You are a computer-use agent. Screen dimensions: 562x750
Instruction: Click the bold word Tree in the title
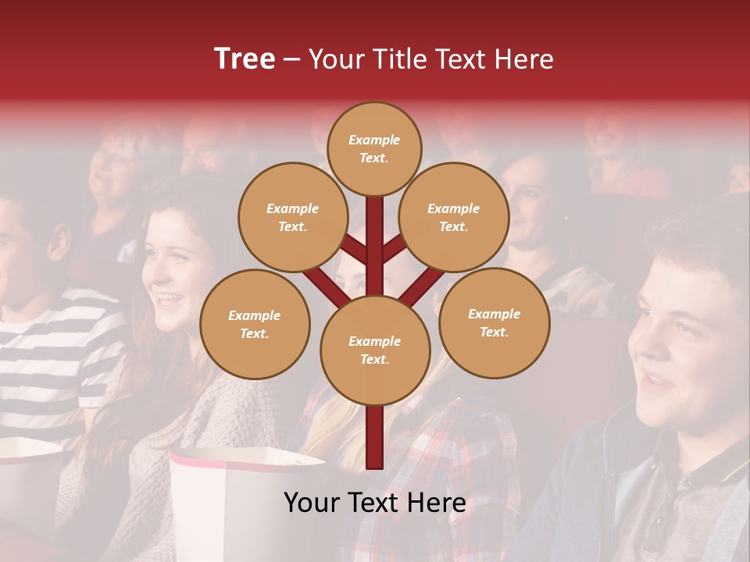pyautogui.click(x=245, y=59)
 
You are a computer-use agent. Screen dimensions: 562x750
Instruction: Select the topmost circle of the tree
pyautogui.click(x=374, y=148)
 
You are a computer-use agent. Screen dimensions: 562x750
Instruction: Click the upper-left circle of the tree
pyautogui.click(x=292, y=217)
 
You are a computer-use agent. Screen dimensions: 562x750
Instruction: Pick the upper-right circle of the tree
pyautogui.click(x=454, y=217)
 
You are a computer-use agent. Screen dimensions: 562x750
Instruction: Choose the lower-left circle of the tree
pyautogui.click(x=255, y=324)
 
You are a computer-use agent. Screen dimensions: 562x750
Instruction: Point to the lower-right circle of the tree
pyautogui.click(x=494, y=322)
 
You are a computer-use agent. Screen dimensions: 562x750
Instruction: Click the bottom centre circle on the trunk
pyautogui.click(x=375, y=350)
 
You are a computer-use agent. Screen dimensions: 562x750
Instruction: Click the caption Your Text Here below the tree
pyautogui.click(x=375, y=503)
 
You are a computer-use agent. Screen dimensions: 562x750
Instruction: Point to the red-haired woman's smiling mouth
pyautogui.click(x=170, y=298)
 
